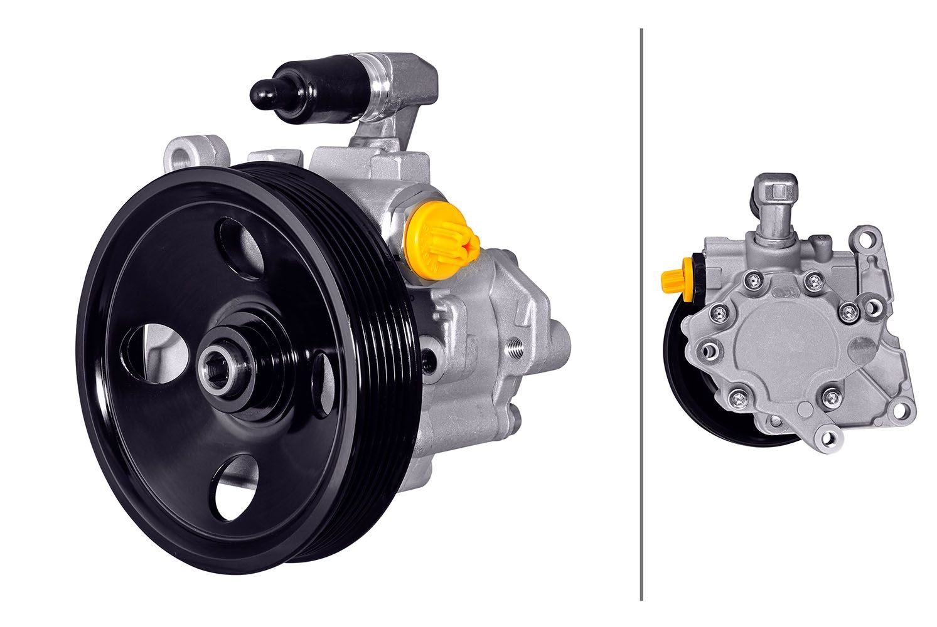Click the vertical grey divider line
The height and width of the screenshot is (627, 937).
click(x=641, y=313)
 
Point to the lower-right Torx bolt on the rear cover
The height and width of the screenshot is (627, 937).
click(x=832, y=396)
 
